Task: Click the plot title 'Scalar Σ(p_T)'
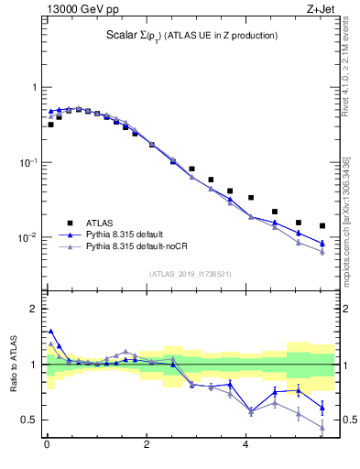tap(191, 36)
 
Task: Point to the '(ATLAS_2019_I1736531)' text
tap(191, 274)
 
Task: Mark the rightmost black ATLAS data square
tap(322, 225)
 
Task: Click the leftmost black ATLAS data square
tap(50, 125)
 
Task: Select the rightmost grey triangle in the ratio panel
tap(322, 427)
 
